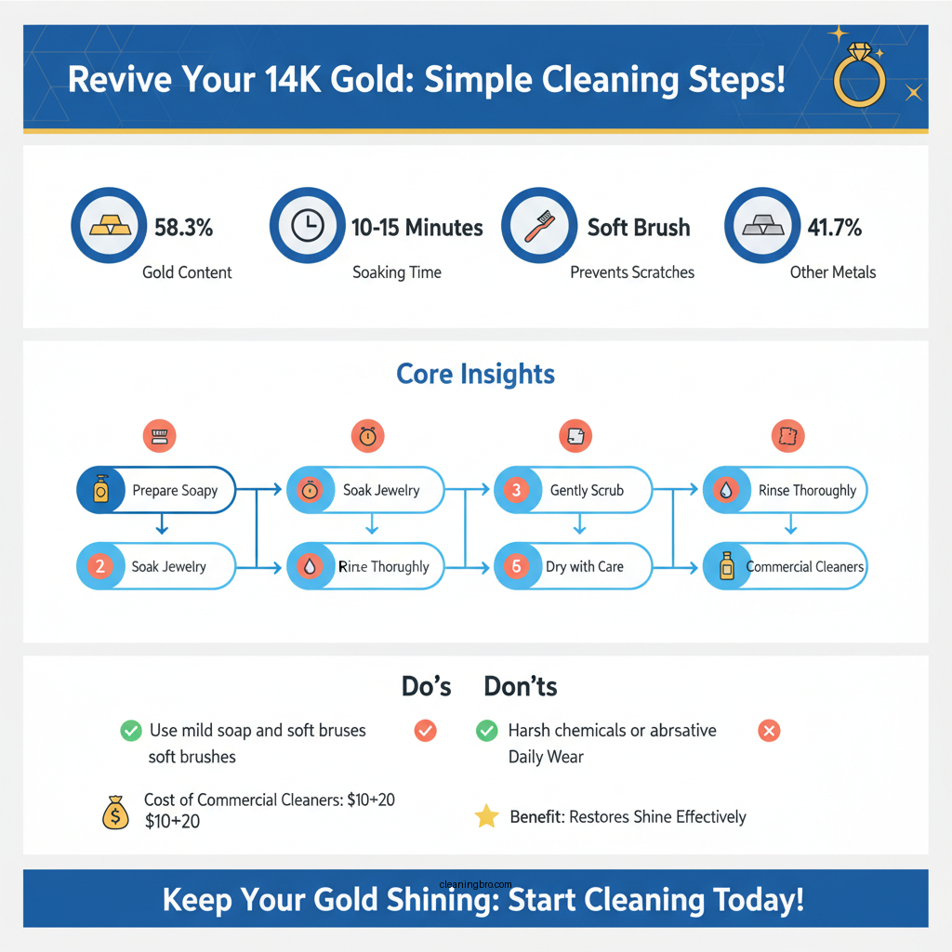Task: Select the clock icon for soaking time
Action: (307, 226)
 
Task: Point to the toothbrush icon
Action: (538, 226)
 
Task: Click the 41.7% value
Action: (834, 227)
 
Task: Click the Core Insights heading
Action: (475, 374)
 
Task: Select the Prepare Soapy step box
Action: (155, 490)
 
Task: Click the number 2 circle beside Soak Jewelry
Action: (99, 566)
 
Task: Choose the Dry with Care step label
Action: (585, 566)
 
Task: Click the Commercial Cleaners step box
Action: (786, 566)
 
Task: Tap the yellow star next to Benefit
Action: (486, 817)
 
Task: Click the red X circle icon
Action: (769, 731)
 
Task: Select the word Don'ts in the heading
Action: (520, 687)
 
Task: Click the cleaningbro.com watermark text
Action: (474, 884)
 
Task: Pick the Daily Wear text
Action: (545, 756)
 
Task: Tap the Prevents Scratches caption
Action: (632, 272)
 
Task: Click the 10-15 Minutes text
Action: (416, 227)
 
